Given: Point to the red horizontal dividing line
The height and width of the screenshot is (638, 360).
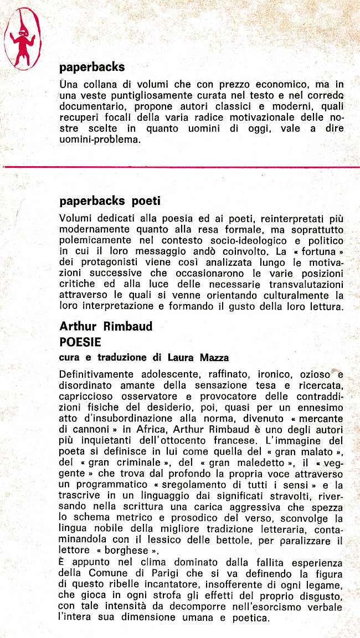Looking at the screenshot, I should point(180,166).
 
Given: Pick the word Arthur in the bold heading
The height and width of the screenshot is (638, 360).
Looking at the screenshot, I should point(78,327).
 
